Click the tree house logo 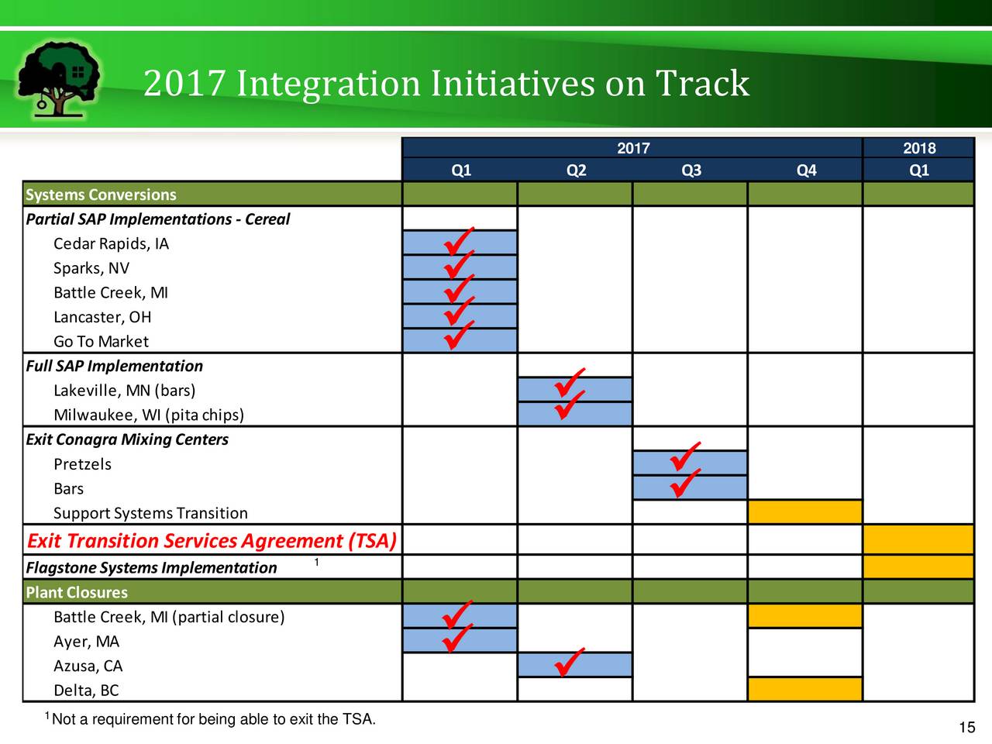coord(59,80)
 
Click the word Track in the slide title coord(702,83)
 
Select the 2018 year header coord(919,148)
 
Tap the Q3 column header coord(691,170)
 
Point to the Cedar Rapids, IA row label coord(111,243)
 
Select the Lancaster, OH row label coord(102,317)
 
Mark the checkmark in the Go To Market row coord(459,334)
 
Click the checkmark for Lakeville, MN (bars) coord(570,382)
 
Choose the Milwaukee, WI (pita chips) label coord(149,415)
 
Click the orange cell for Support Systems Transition coord(805,511)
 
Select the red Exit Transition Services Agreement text coord(212,541)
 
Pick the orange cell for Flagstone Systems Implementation coord(918,567)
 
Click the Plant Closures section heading coord(77,592)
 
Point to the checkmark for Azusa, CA coord(570,662)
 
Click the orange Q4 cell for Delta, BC coord(805,689)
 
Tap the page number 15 coord(966,727)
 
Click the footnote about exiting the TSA coord(210,718)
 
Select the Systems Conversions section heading coord(101,195)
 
